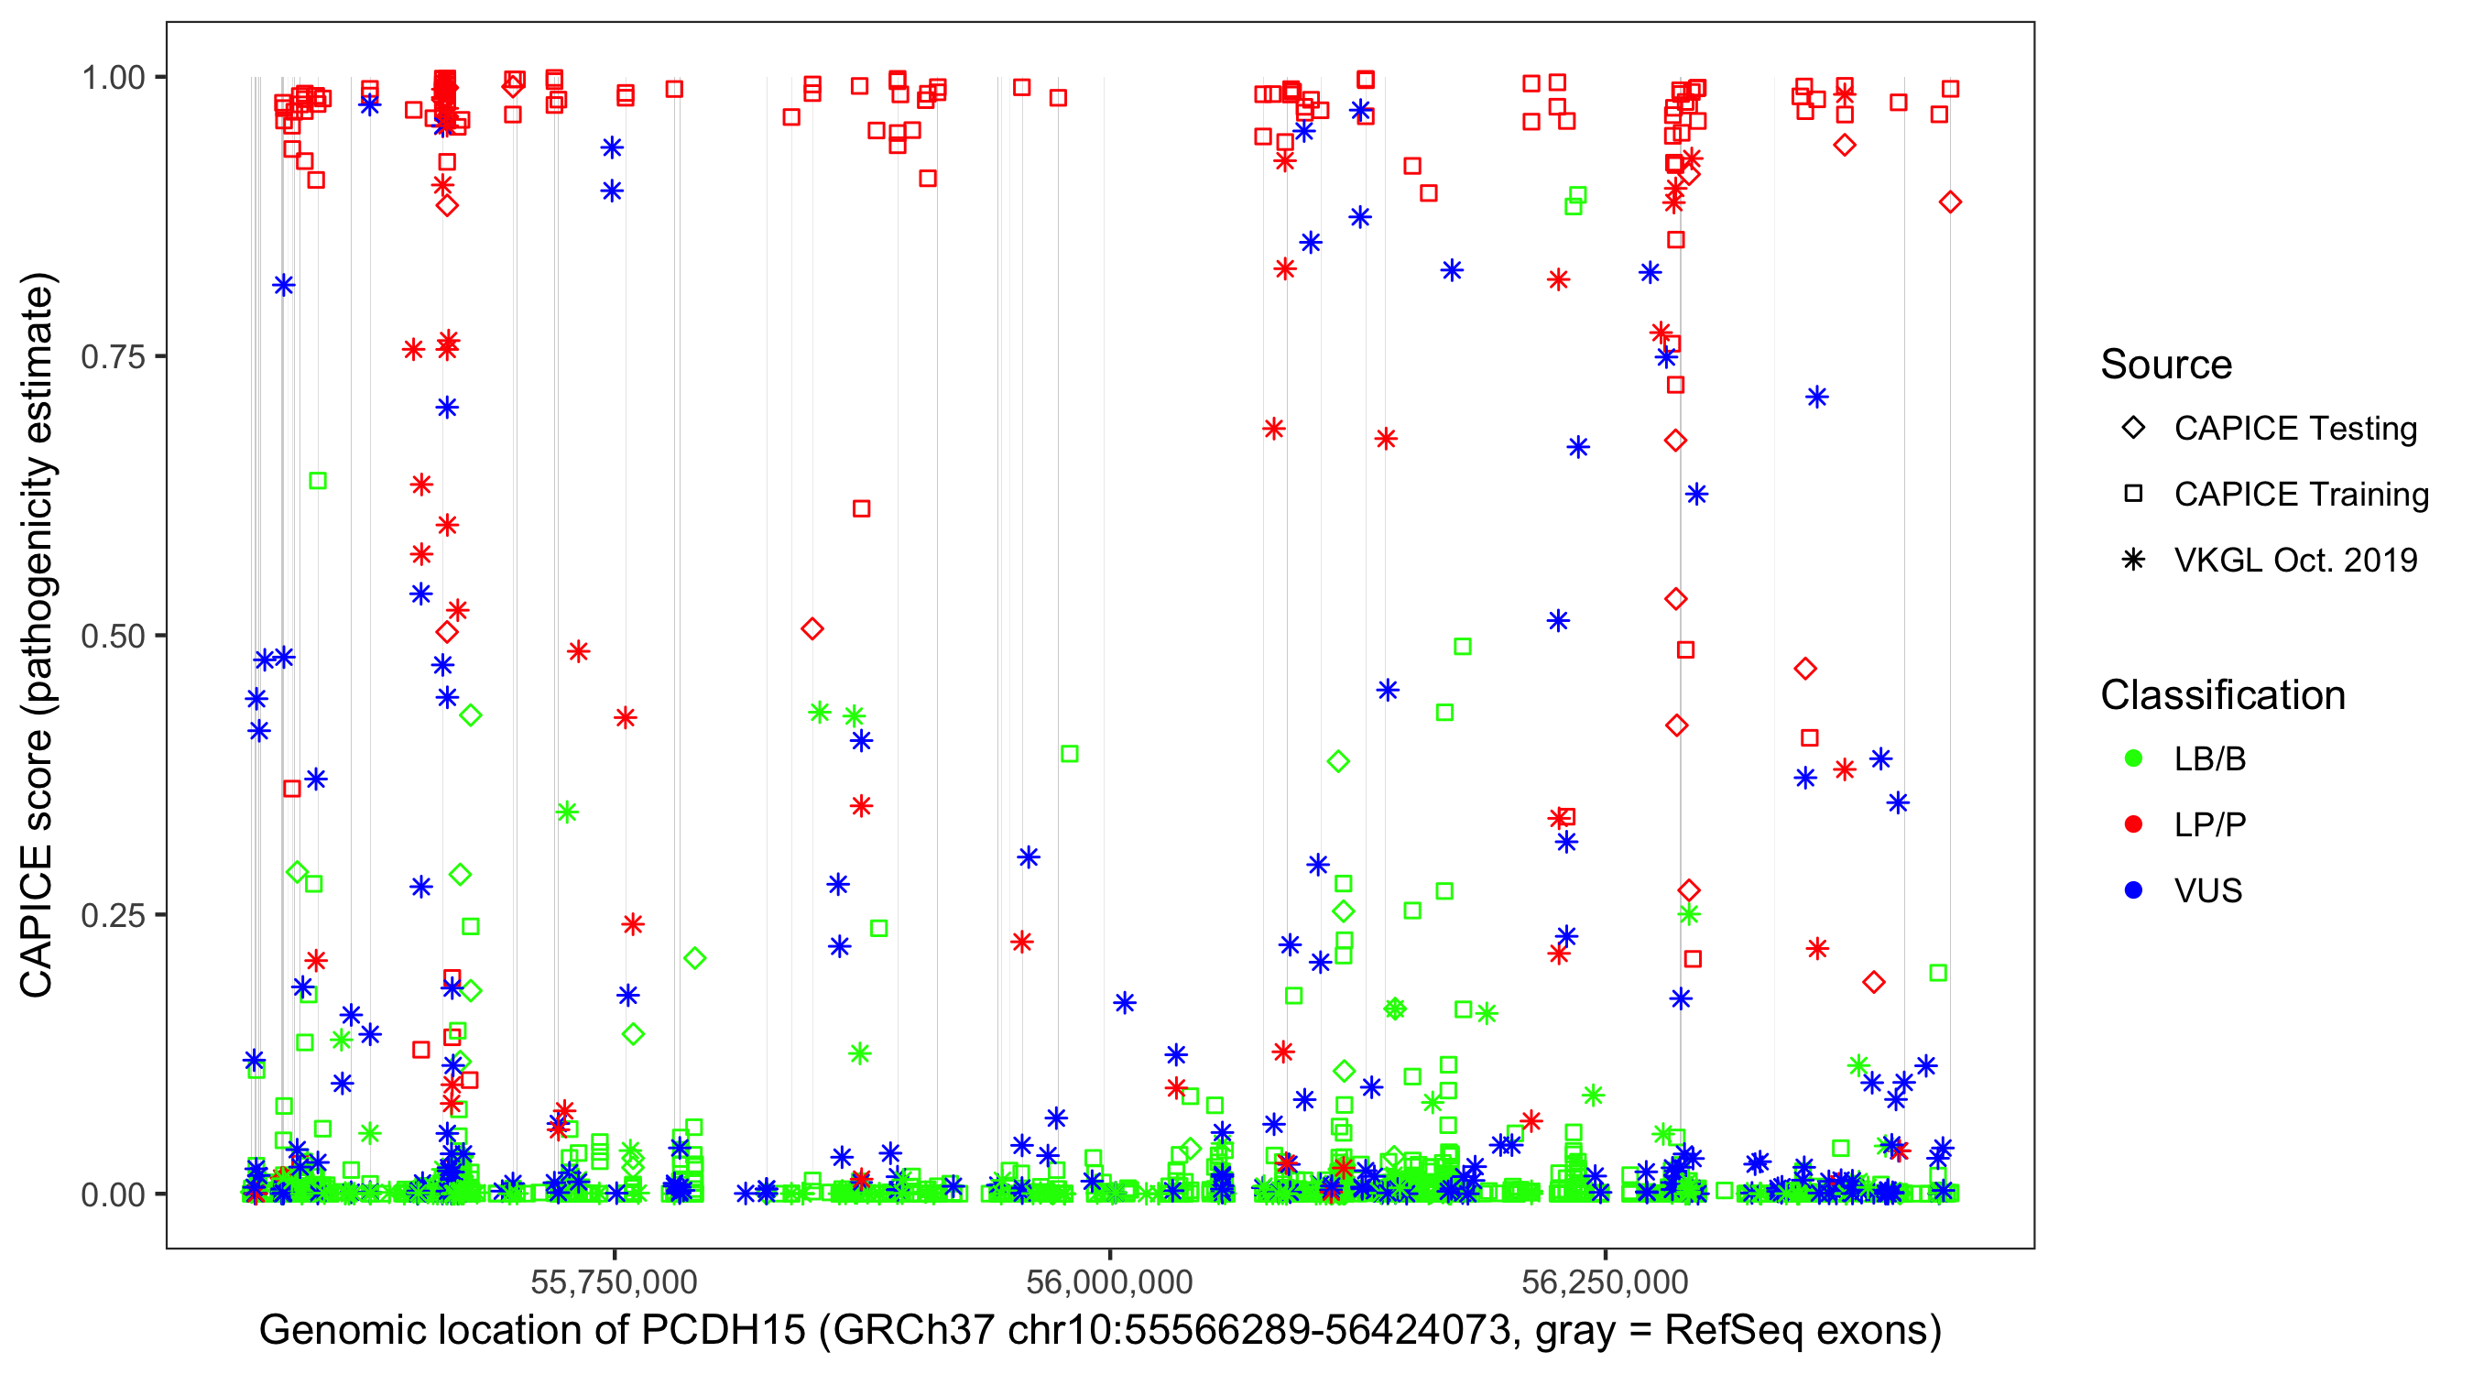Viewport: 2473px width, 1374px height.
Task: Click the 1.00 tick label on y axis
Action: tap(113, 77)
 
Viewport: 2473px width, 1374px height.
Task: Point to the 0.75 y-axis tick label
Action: tap(113, 356)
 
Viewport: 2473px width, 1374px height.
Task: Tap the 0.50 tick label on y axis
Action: tap(113, 636)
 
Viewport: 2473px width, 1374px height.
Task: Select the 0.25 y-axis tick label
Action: tap(113, 915)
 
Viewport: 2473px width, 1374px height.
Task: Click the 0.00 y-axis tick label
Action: tap(113, 1194)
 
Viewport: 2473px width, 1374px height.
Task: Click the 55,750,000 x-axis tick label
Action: tap(615, 1281)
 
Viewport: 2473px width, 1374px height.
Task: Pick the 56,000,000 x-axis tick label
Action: tap(1110, 1281)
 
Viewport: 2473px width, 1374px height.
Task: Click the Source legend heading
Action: tap(2166, 365)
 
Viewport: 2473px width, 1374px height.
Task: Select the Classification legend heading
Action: tap(2222, 695)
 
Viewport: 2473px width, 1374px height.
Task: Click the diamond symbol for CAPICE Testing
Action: tap(2133, 429)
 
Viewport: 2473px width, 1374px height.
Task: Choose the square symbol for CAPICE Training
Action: tap(2133, 495)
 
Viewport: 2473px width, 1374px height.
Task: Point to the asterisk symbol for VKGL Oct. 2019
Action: tap(2133, 560)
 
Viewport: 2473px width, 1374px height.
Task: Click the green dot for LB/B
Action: tap(2133, 758)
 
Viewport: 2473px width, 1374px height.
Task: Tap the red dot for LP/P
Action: tap(2133, 824)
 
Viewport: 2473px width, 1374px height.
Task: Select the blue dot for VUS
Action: tap(2133, 890)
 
